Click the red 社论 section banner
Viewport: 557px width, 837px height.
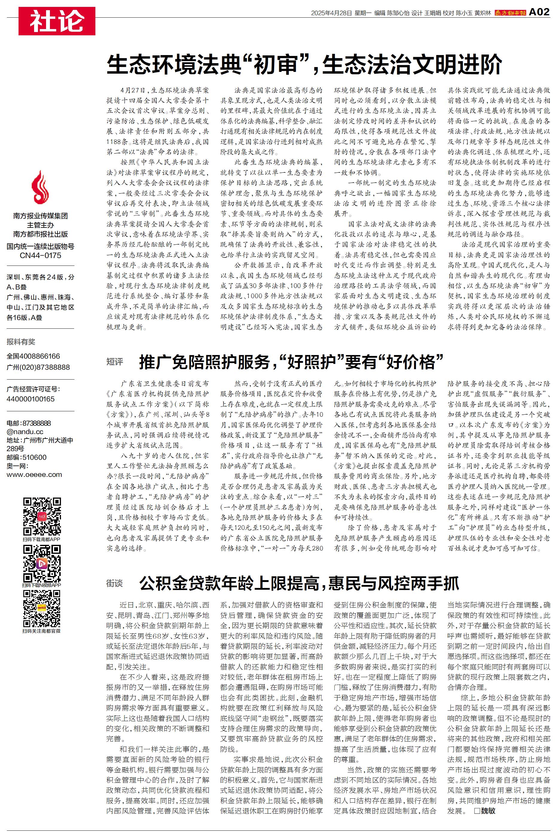coord(57,21)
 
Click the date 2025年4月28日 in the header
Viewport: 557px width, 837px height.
coord(331,13)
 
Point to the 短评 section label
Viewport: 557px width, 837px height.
coord(115,362)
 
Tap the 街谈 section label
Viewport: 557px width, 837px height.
coord(115,583)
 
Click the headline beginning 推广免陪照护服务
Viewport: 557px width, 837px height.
coord(291,362)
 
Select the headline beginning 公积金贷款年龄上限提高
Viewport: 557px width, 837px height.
coord(299,583)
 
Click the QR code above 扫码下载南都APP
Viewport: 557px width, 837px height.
coord(42,516)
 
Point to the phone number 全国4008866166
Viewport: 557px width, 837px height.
coord(33,356)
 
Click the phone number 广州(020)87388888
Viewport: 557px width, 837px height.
coord(38,367)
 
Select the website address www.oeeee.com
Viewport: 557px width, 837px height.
coord(34,474)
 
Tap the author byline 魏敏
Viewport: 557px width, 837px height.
coord(488,811)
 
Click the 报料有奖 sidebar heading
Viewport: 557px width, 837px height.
coord(21,342)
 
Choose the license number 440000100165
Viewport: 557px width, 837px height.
coord(30,399)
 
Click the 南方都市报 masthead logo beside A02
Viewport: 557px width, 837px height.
coord(510,13)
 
